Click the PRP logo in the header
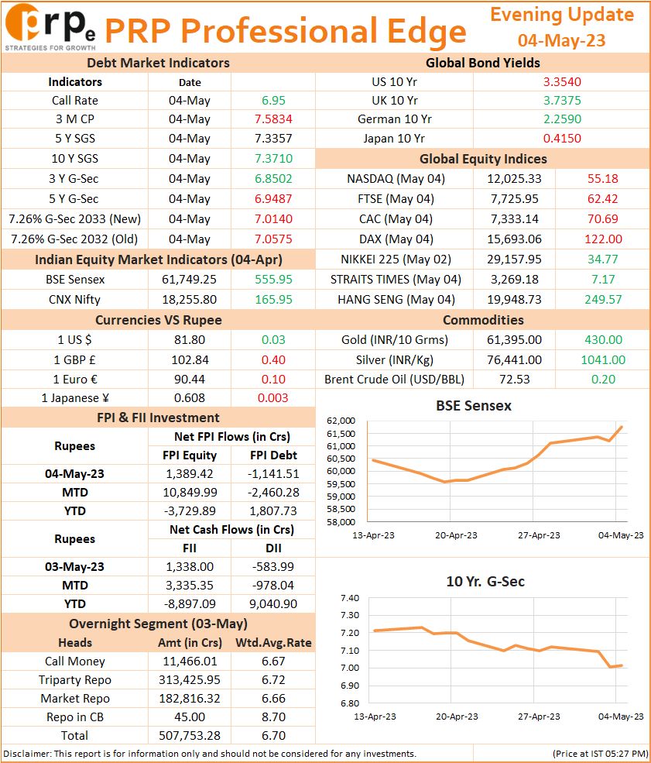tap(50, 27)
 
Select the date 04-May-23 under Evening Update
tap(561, 40)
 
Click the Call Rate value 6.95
tap(273, 100)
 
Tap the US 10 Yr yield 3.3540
tap(562, 82)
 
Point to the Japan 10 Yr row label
tap(394, 138)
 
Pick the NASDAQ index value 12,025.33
tap(514, 179)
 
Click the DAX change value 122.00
tap(603, 239)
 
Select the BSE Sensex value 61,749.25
tap(189, 280)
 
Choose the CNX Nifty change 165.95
tap(274, 299)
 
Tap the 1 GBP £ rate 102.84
tap(190, 359)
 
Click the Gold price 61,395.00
tap(514, 339)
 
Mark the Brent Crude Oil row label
tap(394, 379)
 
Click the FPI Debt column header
tap(273, 455)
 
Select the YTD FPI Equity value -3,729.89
tap(190, 511)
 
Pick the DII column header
tap(273, 548)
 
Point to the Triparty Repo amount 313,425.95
tap(190, 680)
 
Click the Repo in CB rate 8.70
tap(273, 717)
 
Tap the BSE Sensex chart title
tap(474, 406)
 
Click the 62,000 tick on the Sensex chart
tap(341, 421)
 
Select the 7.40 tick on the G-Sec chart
tap(350, 598)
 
